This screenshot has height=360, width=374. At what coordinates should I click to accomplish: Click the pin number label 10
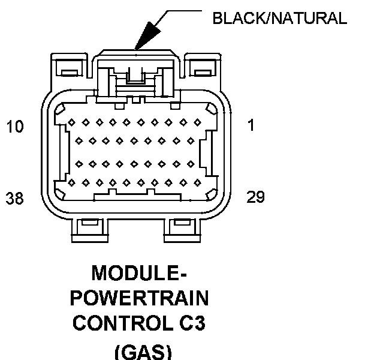[x=15, y=126]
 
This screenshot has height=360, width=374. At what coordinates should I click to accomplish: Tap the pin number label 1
[x=251, y=125]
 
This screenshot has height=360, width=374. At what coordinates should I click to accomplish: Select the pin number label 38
[x=15, y=198]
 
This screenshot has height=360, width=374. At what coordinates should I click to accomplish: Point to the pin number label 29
[x=255, y=197]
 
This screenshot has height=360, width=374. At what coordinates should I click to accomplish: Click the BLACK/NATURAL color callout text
[x=279, y=18]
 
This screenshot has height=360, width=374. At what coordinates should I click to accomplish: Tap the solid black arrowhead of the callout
[x=147, y=36]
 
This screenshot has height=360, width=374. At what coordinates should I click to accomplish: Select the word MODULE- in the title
[x=139, y=273]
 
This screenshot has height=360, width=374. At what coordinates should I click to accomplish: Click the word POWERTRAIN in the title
[x=140, y=298]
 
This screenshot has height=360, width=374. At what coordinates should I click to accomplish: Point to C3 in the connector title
[x=192, y=323]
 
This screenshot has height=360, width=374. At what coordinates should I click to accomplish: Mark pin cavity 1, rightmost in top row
[x=198, y=122]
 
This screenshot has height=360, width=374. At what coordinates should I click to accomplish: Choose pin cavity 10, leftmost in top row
[x=71, y=122]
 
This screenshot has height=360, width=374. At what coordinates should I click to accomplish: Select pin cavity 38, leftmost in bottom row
[x=71, y=183]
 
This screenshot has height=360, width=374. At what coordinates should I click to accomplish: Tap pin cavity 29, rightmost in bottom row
[x=198, y=183]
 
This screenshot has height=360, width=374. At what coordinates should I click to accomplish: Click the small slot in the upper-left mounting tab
[x=70, y=73]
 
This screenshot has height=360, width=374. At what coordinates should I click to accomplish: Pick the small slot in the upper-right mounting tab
[x=203, y=73]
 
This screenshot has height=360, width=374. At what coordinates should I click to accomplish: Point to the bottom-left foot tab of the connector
[x=90, y=230]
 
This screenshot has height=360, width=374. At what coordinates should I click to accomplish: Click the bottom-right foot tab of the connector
[x=182, y=230]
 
